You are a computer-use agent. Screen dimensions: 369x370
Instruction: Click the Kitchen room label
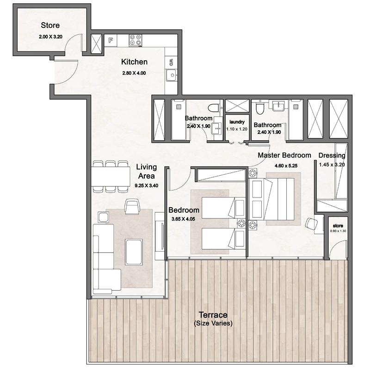(134, 62)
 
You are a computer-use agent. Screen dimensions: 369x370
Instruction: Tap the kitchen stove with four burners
(135, 40)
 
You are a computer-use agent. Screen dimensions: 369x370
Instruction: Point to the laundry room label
(237, 122)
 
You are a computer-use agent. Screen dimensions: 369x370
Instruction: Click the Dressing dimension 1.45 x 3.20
(332, 164)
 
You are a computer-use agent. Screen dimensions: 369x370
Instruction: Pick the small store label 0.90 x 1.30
(338, 230)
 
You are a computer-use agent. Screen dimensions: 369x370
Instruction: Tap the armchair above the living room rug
(132, 207)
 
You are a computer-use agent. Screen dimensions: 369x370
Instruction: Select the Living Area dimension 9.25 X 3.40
(146, 185)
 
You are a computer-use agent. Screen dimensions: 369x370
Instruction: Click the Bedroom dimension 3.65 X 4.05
(184, 219)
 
